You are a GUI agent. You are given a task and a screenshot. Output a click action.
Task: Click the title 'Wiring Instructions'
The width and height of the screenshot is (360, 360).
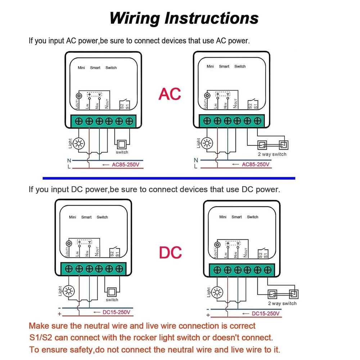184,18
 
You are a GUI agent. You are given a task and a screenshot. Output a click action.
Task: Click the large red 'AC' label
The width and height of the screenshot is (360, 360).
170,94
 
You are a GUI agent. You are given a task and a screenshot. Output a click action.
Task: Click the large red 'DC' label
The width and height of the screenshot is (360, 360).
170,253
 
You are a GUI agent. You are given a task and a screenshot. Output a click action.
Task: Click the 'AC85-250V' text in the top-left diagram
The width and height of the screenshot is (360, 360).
126,165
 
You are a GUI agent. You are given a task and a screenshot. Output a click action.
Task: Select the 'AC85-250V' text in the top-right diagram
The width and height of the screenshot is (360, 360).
255,165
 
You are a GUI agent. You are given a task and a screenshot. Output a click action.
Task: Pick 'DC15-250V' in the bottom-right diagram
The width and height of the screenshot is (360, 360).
265,314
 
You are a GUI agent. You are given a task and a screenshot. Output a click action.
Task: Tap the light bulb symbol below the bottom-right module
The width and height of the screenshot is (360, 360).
217,292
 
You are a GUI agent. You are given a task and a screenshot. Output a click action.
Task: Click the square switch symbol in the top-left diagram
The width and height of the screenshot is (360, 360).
122,144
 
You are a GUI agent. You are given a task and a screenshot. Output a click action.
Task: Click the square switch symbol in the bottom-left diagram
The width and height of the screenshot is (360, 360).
112,291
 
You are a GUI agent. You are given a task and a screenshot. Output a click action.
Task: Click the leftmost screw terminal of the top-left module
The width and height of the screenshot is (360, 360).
79,121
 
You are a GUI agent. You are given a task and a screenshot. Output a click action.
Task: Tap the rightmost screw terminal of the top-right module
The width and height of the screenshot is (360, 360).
257,121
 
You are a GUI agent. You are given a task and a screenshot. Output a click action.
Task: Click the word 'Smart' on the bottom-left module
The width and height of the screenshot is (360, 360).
86,217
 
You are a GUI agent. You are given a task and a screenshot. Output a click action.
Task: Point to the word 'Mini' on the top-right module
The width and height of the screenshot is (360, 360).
210,66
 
